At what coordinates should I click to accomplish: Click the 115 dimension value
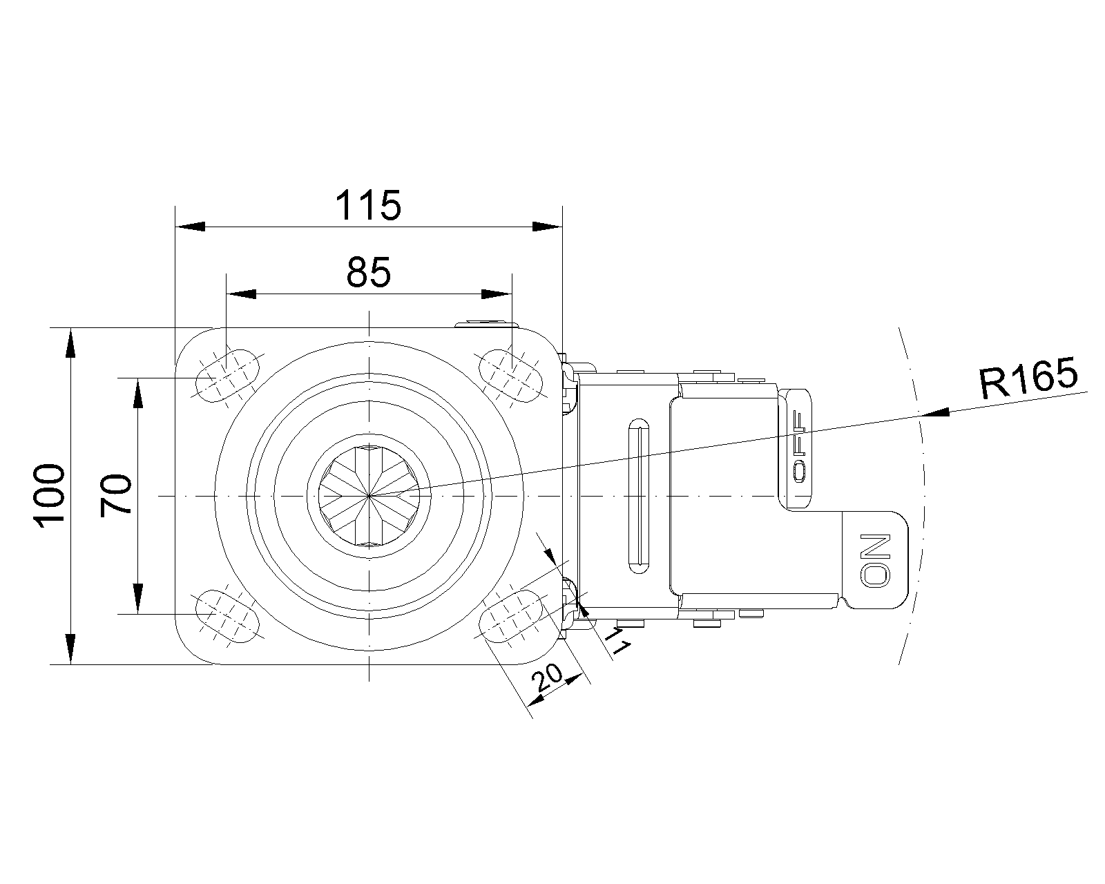[367, 206]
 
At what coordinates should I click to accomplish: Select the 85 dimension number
[369, 272]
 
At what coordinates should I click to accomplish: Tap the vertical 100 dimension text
[49, 496]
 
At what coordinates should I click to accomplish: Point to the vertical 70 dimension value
[116, 496]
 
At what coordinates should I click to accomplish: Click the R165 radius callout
[1029, 378]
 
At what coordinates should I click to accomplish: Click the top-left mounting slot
[227, 376]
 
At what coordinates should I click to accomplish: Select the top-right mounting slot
[510, 376]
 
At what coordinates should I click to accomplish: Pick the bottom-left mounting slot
[227, 616]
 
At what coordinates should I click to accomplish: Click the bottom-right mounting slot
[510, 616]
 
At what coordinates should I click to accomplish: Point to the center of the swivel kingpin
[369, 496]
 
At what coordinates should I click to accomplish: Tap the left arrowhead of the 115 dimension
[191, 227]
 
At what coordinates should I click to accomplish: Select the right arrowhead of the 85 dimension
[497, 294]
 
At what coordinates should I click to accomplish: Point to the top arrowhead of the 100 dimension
[71, 343]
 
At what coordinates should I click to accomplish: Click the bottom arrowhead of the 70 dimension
[137, 598]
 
